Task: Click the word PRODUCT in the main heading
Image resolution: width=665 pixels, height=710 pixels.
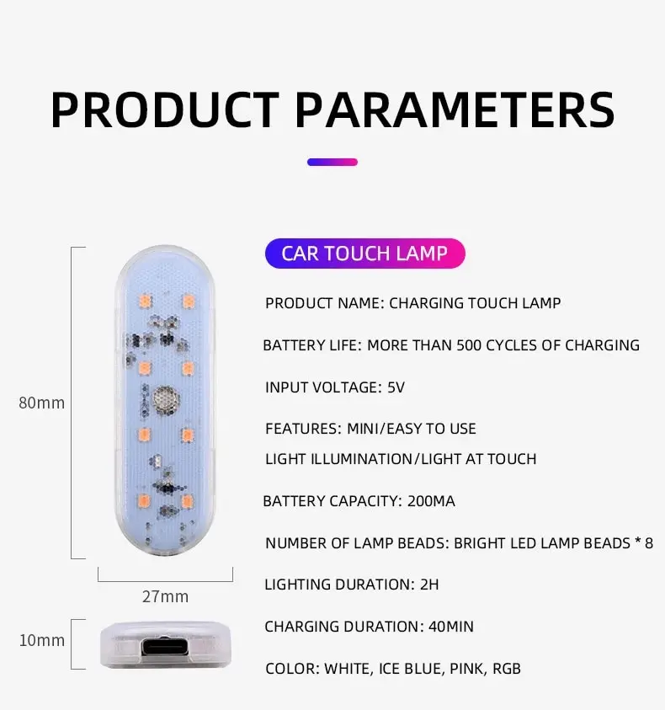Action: click(x=165, y=110)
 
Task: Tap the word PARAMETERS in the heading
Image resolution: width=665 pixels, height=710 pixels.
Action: click(x=455, y=110)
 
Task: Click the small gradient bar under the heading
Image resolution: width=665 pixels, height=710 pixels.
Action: click(x=332, y=162)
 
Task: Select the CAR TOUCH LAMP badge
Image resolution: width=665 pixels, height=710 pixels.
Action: click(x=364, y=254)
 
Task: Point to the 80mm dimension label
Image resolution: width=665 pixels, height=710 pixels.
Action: click(x=41, y=403)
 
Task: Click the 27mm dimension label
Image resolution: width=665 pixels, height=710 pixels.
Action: click(x=165, y=596)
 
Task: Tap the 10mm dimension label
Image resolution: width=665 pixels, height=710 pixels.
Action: click(x=41, y=640)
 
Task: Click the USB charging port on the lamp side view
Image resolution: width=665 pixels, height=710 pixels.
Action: click(x=165, y=647)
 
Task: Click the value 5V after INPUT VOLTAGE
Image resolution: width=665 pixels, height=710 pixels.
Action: click(x=396, y=387)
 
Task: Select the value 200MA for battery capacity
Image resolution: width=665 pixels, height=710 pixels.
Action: click(x=431, y=501)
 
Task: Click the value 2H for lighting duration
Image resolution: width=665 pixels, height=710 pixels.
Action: click(x=429, y=585)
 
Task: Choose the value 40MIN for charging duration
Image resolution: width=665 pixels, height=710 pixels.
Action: click(x=451, y=627)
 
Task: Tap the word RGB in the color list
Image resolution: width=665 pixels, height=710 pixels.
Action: click(x=507, y=669)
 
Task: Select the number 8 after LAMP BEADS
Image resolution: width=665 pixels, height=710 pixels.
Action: click(x=649, y=543)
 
